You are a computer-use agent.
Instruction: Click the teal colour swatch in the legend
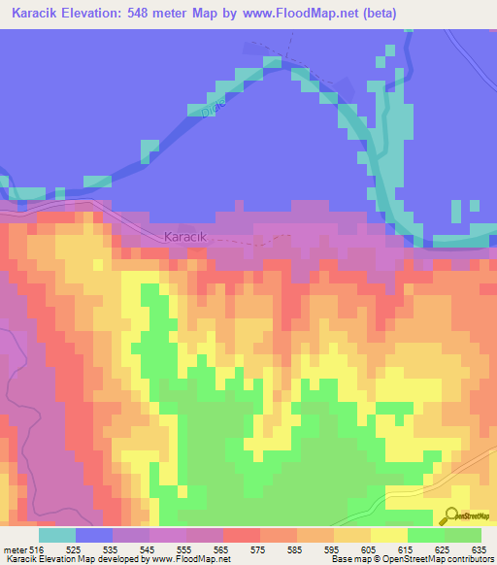(x=57, y=535)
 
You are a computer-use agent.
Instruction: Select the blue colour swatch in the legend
(x=94, y=535)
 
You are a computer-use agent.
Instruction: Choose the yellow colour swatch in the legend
(x=389, y=535)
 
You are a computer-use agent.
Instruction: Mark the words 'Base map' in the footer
(x=348, y=559)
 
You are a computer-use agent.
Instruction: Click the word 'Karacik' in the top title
(x=35, y=13)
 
